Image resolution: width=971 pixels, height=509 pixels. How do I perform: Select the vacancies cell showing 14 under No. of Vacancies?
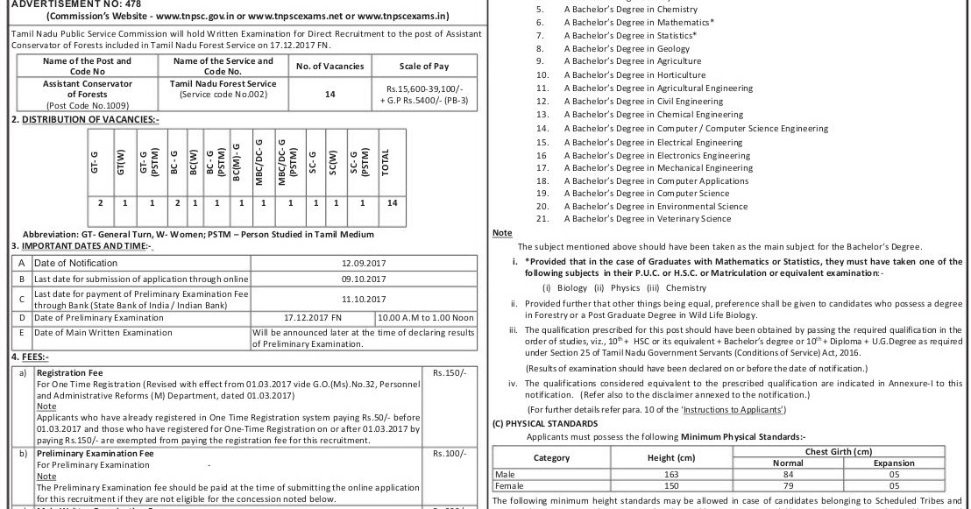(330, 95)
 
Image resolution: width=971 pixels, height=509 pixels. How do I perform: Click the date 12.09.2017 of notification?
(364, 263)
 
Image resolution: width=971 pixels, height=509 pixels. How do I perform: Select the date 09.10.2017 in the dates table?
(364, 279)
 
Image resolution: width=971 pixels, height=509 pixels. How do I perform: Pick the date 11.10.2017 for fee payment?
(364, 298)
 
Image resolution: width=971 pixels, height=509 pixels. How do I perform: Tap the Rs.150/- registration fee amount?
(444, 372)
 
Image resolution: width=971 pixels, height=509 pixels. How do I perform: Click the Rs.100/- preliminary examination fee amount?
(444, 454)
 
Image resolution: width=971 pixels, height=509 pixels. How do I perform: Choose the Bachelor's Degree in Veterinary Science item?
(647, 219)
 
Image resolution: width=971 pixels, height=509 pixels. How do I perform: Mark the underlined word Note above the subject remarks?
(502, 233)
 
